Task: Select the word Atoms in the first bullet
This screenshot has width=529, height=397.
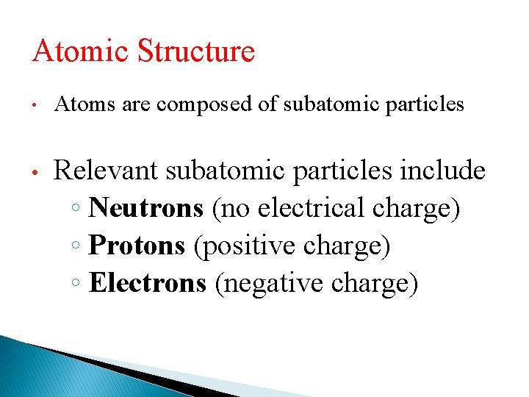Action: tap(78, 105)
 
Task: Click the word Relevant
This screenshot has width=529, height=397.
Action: tap(107, 171)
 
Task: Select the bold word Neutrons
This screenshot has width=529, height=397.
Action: tap(146, 208)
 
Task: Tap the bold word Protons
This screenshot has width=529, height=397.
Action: tap(137, 246)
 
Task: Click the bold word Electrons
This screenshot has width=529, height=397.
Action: tap(148, 283)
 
